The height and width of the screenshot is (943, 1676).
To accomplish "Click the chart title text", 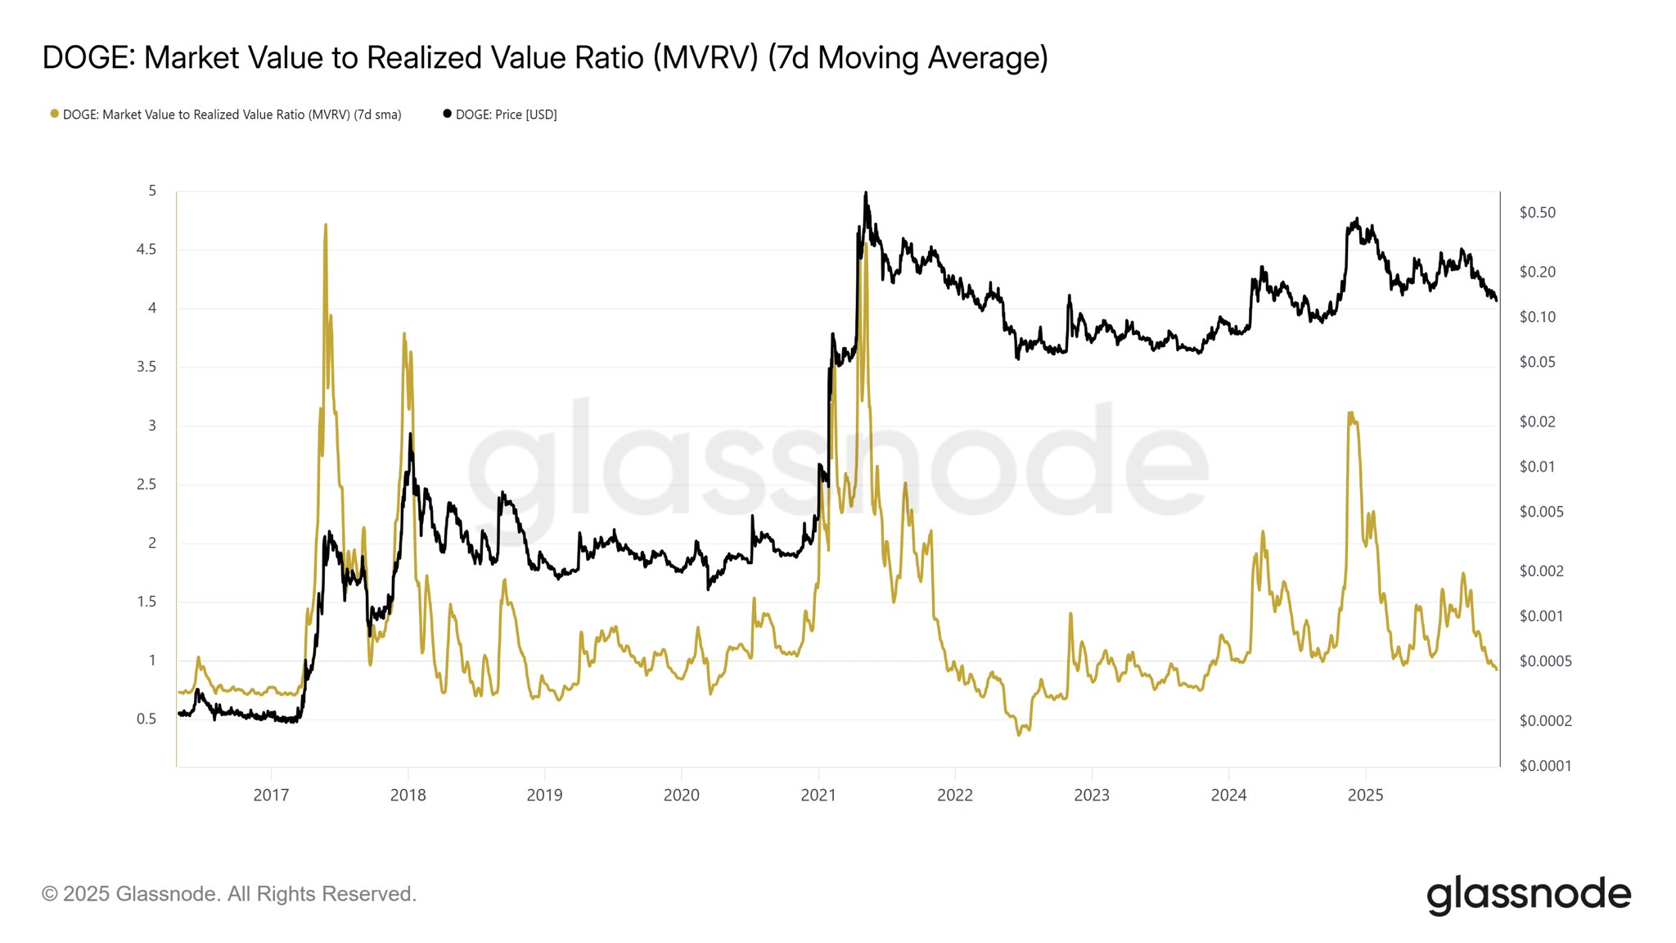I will tap(545, 58).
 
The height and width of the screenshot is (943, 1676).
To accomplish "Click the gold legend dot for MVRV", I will tap(55, 114).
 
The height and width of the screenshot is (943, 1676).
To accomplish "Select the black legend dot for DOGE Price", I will tap(447, 114).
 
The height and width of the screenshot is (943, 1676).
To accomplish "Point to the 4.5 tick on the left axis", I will tap(146, 250).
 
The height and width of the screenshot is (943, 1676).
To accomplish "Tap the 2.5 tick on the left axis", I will tap(146, 485).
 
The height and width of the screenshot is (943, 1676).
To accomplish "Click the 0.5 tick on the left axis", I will tap(146, 720).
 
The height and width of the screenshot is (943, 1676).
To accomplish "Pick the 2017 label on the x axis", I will tap(271, 795).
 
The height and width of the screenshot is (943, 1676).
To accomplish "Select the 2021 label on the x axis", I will tap(818, 795).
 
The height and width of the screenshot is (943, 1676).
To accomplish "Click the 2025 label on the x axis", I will tap(1365, 795).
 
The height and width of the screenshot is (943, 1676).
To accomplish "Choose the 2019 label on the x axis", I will tap(544, 795).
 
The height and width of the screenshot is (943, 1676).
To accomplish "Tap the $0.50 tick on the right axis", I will tap(1538, 213).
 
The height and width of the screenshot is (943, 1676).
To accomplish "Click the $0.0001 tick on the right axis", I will tap(1545, 766).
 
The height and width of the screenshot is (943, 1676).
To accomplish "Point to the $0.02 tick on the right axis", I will tap(1538, 422).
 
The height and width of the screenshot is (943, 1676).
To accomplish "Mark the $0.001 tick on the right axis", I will tap(1541, 616).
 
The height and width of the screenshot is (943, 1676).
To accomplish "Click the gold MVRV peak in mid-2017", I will tap(326, 224).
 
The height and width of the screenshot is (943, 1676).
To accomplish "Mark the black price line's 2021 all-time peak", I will tap(866, 193).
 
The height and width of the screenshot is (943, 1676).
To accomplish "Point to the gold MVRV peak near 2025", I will tap(1349, 413).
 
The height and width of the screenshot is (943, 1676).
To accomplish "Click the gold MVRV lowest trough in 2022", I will tap(1019, 734).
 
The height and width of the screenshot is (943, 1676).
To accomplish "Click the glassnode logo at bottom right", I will tap(1528, 895).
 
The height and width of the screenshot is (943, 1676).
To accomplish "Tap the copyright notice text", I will tap(229, 894).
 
